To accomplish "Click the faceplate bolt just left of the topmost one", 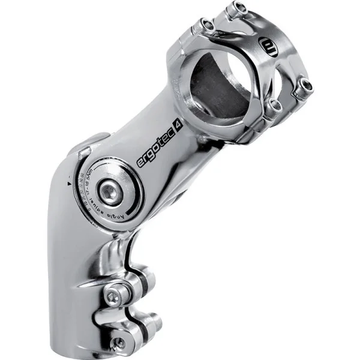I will point(207,26).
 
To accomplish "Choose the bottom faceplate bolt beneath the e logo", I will point(275,106).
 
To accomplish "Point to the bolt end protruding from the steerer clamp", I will point(153,321).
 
